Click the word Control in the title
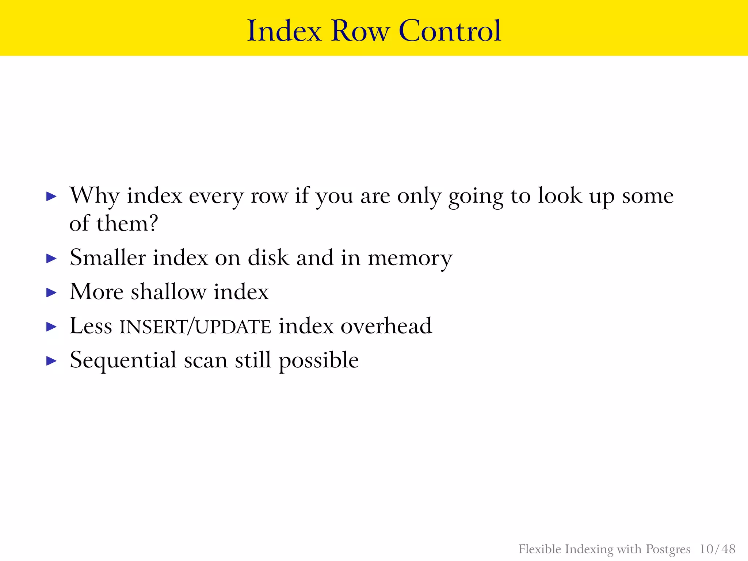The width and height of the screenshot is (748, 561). pyautogui.click(x=450, y=31)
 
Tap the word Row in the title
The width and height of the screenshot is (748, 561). pyautogui.click(x=360, y=31)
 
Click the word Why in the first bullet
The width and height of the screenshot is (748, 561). pyautogui.click(x=94, y=196)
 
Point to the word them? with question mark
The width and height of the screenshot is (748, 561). pyautogui.click(x=127, y=223)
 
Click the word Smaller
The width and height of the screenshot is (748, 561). pyautogui.click(x=108, y=257)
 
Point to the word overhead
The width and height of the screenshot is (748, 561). pyautogui.click(x=386, y=326)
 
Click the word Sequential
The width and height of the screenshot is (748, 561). pyautogui.click(x=123, y=361)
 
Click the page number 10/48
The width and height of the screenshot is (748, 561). pyautogui.click(x=717, y=549)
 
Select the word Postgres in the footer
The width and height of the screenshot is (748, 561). pyautogui.click(x=668, y=549)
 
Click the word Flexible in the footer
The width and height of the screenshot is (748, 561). pyautogui.click(x=540, y=549)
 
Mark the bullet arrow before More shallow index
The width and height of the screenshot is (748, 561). pyautogui.click(x=52, y=293)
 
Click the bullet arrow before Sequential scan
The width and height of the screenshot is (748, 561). pyautogui.click(x=52, y=361)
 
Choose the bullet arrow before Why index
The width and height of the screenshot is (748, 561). pyautogui.click(x=52, y=197)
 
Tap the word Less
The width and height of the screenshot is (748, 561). pyautogui.click(x=91, y=326)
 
